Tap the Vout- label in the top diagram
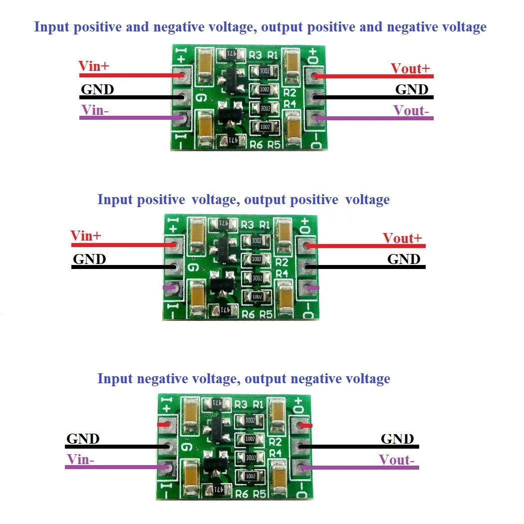411,111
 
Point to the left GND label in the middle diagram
89,259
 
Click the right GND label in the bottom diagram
397,439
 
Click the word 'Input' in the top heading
52,26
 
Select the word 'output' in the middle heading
267,200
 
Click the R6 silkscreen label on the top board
256,145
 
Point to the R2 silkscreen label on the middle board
281,262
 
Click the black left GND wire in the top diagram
130,97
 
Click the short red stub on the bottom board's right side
305,426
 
